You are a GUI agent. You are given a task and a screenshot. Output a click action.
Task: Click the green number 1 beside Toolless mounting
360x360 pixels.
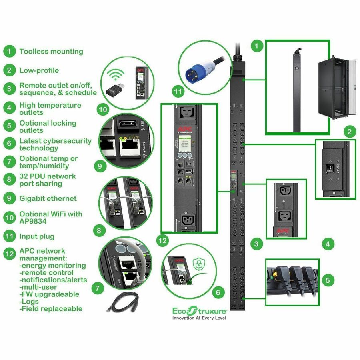coord(9,51)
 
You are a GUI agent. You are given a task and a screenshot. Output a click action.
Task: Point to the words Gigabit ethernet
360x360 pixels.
coord(48,198)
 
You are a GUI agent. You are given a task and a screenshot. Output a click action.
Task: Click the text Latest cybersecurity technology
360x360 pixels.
coord(55,144)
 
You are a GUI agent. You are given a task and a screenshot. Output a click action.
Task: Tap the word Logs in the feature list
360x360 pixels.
coord(30,301)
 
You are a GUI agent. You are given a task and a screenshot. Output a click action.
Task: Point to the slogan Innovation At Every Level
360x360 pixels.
coord(199,318)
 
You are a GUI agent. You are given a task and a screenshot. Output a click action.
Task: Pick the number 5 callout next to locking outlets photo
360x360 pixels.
coord(328,280)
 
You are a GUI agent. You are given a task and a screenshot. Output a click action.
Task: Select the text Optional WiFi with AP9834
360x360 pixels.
coord(51,218)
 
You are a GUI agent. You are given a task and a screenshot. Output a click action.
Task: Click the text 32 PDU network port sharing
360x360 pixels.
coord(47,180)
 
